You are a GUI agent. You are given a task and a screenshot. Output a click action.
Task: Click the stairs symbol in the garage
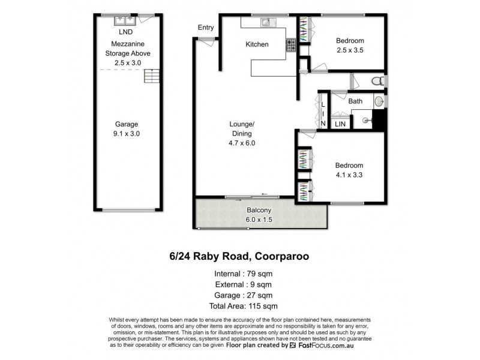[x=152, y=77]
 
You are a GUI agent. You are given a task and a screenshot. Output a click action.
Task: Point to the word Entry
[x=206, y=28]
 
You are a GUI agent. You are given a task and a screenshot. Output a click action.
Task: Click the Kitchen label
[x=257, y=44]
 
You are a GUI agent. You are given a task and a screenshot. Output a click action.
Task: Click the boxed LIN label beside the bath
[x=340, y=124]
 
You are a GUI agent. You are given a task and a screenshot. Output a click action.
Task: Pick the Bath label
[x=355, y=101]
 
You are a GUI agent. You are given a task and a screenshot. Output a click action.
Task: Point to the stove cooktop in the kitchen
[x=290, y=44]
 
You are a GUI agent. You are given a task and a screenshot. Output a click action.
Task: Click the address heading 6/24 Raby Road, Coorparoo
[x=239, y=256]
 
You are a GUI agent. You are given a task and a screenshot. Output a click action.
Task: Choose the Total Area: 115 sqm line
[x=239, y=307]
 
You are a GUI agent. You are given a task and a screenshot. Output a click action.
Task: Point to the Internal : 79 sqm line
[x=239, y=274]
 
